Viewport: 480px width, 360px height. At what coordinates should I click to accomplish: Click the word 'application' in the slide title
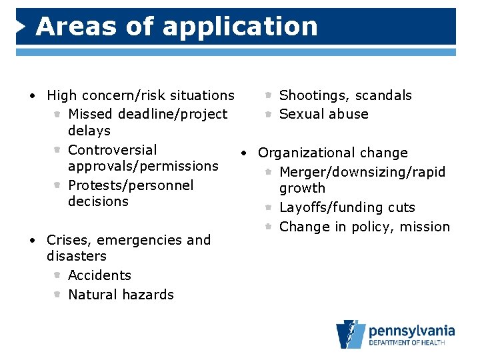(240, 27)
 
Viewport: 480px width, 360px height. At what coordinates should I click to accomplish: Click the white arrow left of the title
(21, 27)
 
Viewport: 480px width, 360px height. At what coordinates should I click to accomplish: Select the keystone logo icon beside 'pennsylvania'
(351, 334)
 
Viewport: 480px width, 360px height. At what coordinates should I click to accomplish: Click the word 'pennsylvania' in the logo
(411, 330)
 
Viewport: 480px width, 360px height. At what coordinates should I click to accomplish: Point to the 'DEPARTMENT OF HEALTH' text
(411, 343)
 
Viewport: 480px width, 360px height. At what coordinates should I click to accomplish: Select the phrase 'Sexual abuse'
(323, 114)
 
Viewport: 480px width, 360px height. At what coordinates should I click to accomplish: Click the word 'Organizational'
(306, 153)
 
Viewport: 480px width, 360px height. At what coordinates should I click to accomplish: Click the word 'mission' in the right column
(425, 227)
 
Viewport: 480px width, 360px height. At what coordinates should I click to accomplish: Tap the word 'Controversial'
(113, 150)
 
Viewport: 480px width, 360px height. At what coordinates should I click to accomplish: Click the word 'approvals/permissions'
(143, 165)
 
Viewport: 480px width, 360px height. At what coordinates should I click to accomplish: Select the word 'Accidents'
(99, 275)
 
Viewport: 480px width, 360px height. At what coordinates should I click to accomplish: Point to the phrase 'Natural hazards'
(121, 295)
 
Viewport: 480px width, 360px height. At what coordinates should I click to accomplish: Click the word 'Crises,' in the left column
(69, 240)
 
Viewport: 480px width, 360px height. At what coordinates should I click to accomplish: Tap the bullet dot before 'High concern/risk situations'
(32, 96)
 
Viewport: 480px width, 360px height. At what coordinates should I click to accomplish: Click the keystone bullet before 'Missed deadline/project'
(57, 115)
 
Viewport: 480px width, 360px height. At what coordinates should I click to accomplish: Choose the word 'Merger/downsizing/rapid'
(362, 172)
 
